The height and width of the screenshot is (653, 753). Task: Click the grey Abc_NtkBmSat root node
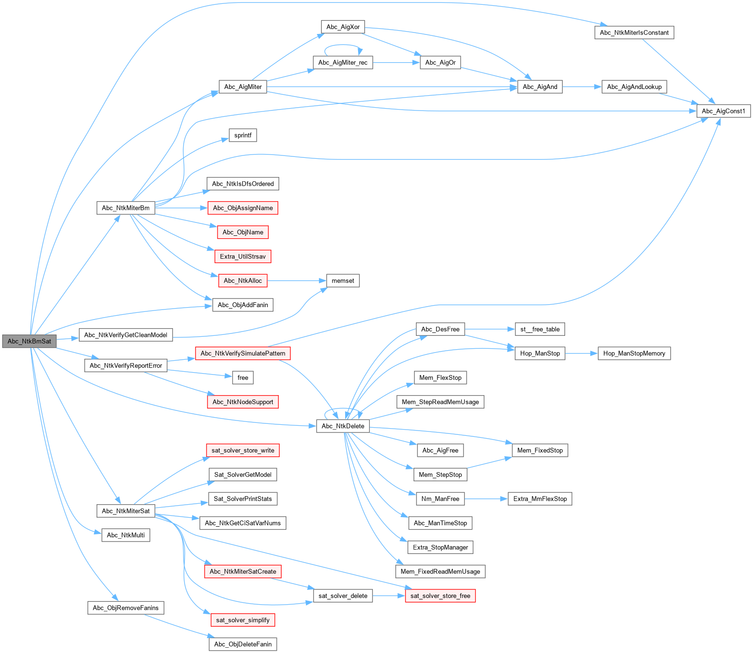29,341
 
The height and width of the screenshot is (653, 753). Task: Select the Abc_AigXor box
343,27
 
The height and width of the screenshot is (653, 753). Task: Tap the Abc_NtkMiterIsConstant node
634,33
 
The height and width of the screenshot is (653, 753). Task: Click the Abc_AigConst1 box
723,111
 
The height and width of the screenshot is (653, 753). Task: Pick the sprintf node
243,135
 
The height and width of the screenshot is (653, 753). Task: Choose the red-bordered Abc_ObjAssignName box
243,208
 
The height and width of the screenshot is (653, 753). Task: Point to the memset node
343,281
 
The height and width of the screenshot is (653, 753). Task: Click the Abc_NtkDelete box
343,426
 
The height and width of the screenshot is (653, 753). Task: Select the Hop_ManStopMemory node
634,354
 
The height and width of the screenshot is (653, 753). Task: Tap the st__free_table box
540,329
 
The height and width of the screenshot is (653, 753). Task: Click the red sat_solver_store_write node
243,450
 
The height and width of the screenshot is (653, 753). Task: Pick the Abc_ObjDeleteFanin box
243,644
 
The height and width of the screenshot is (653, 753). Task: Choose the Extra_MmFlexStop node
540,499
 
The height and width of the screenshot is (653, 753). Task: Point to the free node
243,377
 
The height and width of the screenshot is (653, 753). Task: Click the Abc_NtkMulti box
126,535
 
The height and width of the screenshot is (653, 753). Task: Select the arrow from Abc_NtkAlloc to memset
296,281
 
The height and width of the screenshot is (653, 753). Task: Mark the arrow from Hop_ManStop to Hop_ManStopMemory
581,354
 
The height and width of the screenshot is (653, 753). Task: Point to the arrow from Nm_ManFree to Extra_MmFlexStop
486,499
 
